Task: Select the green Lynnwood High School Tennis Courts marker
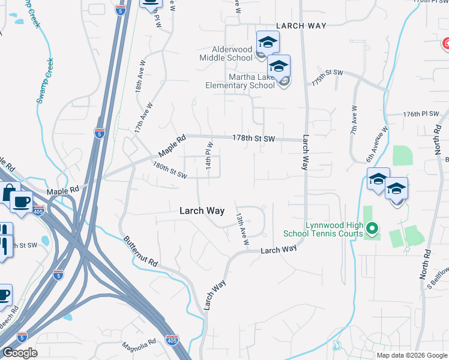pos(372,228)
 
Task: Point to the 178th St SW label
pos(253,139)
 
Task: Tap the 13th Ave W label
pos(242,229)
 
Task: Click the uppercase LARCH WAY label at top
pos(301,26)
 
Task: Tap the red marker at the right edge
pos(446,44)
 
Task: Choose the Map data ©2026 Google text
pos(411,355)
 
